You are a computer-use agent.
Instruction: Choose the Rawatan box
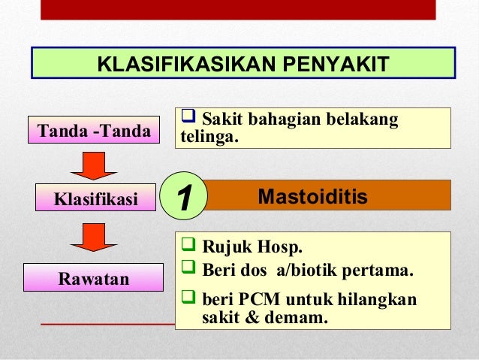tap(94, 279)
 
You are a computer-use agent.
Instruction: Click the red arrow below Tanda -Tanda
tap(94, 165)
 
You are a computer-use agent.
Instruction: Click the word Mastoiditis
tap(312, 197)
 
